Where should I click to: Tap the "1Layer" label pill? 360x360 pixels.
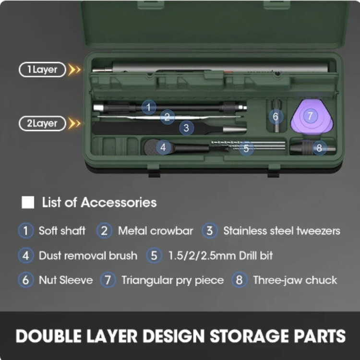tap(42, 70)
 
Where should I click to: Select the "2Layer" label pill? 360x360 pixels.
tap(42, 123)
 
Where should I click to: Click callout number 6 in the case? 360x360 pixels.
tap(276, 117)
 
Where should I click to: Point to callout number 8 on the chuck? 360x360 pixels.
tap(319, 148)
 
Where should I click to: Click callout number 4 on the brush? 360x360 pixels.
tap(163, 147)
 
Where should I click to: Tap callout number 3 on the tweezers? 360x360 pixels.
tap(186, 128)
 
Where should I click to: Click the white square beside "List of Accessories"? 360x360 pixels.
tap(28, 202)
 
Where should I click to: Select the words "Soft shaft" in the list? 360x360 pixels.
tap(62, 231)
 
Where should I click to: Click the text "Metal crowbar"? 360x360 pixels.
tap(156, 231)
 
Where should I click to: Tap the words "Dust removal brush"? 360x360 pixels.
tap(88, 255)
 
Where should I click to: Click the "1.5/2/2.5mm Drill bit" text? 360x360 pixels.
tap(221, 255)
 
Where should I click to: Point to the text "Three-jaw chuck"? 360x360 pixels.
tap(295, 280)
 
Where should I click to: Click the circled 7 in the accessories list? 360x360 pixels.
tap(108, 280)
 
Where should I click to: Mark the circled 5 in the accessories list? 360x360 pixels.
tap(154, 255)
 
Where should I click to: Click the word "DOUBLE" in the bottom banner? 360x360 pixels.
tap(48, 336)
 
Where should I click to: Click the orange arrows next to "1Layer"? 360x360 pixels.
tap(74, 70)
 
